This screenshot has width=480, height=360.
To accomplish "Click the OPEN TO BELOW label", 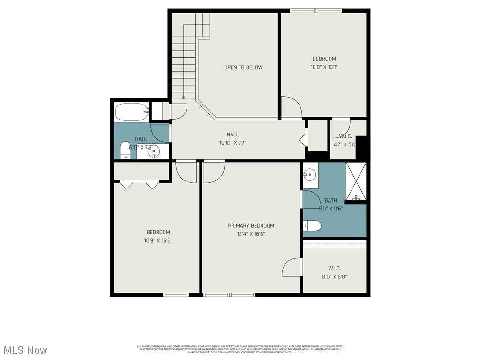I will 243,67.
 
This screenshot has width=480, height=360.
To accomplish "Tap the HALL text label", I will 232,135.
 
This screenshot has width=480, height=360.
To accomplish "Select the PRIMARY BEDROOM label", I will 251,225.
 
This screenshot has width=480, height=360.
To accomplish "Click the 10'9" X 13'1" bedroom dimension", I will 324,67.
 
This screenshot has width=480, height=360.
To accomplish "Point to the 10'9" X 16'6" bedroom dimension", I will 158,240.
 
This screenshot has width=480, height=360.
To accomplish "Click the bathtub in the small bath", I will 131,112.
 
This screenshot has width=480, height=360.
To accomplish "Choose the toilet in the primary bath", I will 312,226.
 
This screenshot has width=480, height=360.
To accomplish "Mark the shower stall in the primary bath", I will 356,181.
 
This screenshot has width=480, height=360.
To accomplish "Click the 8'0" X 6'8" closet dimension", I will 334,277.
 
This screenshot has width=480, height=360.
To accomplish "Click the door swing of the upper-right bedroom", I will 291,107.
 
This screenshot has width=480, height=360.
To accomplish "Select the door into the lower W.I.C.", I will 292,267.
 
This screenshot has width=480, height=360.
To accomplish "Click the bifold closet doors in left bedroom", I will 140,184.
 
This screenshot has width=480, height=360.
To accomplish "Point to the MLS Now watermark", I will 25,350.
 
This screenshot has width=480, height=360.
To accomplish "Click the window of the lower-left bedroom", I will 175,295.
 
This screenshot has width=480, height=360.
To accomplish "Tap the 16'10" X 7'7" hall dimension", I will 232,143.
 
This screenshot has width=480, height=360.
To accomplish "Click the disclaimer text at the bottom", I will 240,349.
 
